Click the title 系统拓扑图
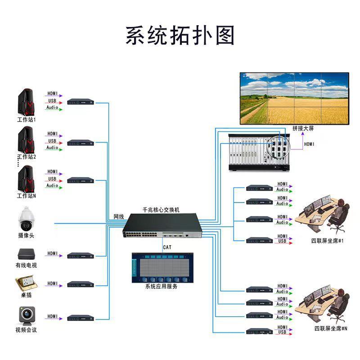(x=180, y=36)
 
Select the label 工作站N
(x=26, y=196)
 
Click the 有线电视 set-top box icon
(x=26, y=254)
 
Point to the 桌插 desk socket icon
(x=26, y=284)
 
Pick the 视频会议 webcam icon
(x=26, y=315)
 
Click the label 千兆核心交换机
(x=161, y=210)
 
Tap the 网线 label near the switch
(x=118, y=217)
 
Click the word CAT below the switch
(x=167, y=247)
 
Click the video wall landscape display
(x=294, y=98)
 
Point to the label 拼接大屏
(x=303, y=129)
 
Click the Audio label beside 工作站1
(x=52, y=108)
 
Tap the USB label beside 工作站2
(x=52, y=141)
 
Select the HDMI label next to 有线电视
(x=53, y=254)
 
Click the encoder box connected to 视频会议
(x=81, y=318)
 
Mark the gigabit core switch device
(x=161, y=225)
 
